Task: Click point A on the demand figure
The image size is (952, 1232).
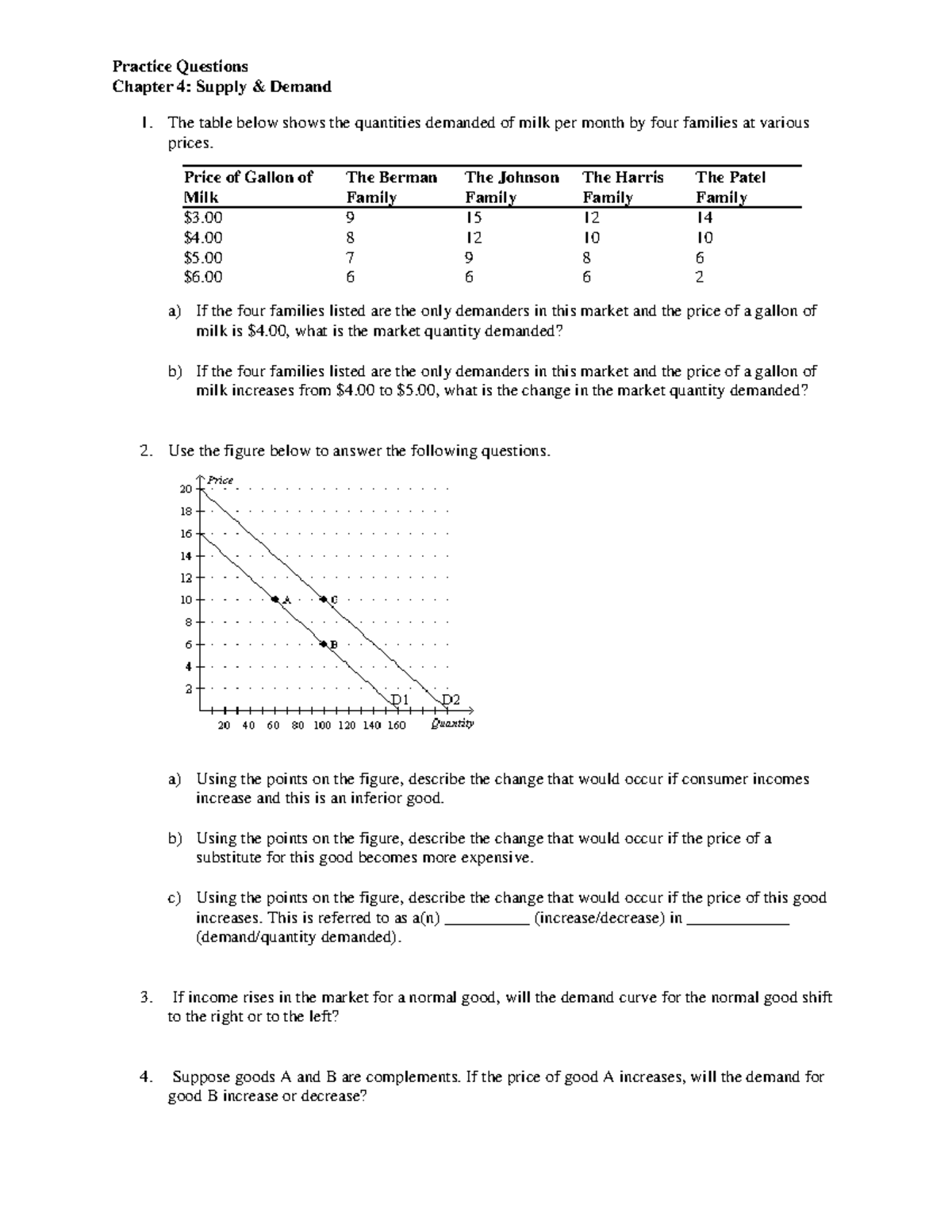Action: (274, 600)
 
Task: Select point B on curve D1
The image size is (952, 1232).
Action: (323, 643)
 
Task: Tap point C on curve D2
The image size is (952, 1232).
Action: (323, 599)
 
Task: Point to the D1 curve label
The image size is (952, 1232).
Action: (399, 700)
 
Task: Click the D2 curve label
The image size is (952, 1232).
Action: (450, 700)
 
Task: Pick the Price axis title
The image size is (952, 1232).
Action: (220, 480)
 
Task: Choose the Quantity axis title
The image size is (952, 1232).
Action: (452, 723)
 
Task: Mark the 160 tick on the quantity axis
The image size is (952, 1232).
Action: (396, 725)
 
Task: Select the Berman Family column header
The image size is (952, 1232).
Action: (391, 187)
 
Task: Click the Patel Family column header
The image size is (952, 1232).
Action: (730, 187)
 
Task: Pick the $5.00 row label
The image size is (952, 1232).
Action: (203, 258)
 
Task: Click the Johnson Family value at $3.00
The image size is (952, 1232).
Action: (474, 217)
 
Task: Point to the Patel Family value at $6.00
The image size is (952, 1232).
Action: (700, 278)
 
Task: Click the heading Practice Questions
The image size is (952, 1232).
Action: (180, 66)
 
